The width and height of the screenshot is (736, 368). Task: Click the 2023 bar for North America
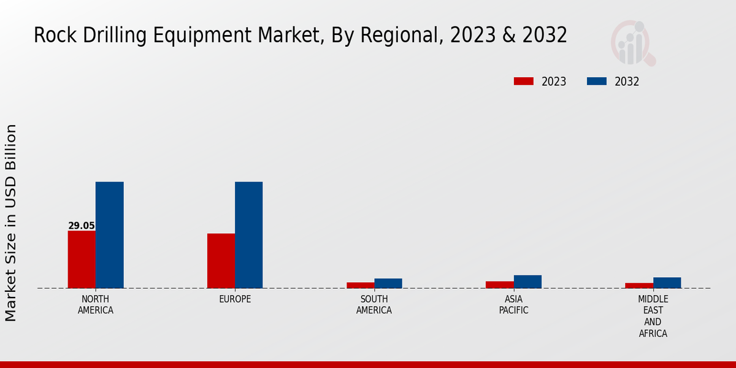click(x=82, y=259)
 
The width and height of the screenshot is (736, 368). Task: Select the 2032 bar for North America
click(x=109, y=235)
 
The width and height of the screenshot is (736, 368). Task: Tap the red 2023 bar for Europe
click(x=221, y=261)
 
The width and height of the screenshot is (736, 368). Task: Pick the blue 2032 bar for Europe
click(x=248, y=235)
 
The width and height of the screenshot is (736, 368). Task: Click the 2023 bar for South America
click(x=360, y=285)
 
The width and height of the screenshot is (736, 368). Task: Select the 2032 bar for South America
click(x=388, y=283)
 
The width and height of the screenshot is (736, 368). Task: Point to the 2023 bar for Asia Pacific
click(x=499, y=285)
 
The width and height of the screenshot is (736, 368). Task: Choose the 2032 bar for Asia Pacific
click(x=527, y=282)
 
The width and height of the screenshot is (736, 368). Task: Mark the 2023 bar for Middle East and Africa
click(x=638, y=285)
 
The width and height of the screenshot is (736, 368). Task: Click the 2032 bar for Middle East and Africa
click(x=667, y=283)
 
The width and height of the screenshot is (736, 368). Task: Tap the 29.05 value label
click(x=82, y=226)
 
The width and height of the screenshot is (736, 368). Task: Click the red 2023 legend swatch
click(x=524, y=82)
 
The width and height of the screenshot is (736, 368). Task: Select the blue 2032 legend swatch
click(x=597, y=82)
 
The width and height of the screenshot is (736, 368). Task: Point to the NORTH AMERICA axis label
click(x=96, y=305)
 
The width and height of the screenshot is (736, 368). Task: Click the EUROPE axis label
click(x=235, y=299)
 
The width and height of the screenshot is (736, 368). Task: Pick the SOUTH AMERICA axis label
click(x=374, y=305)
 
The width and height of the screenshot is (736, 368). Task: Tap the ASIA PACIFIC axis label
click(x=513, y=305)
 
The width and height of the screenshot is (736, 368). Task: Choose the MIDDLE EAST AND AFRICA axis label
click(x=653, y=316)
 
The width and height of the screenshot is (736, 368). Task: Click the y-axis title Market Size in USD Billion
click(x=11, y=223)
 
